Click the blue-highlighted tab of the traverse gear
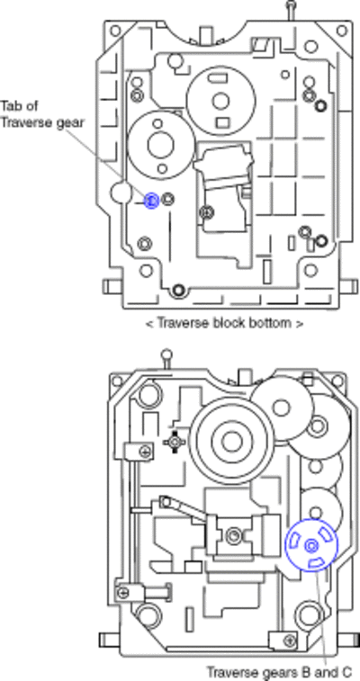[x=151, y=201]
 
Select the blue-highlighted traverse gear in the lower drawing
[x=311, y=545]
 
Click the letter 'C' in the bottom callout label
[x=346, y=672]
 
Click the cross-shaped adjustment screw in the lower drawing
[x=175, y=442]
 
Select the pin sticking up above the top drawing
[x=291, y=9]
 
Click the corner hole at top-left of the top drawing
[x=115, y=31]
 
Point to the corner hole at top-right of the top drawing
[x=342, y=31]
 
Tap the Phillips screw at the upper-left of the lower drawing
[x=145, y=452]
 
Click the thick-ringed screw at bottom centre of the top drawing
[x=178, y=290]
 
